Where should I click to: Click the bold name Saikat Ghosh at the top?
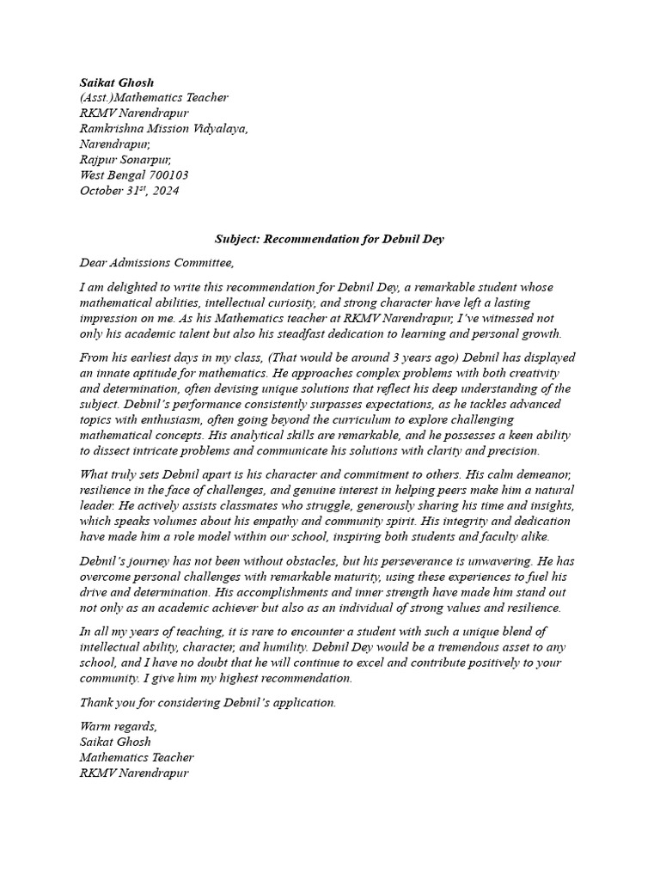(x=117, y=82)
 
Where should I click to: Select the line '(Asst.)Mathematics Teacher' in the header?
(x=154, y=98)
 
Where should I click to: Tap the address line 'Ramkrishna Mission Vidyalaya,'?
(x=164, y=129)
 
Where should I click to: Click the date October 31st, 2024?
(x=130, y=191)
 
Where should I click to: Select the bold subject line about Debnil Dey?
(x=330, y=238)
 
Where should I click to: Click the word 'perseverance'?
(x=415, y=561)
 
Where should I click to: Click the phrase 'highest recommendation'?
(x=284, y=678)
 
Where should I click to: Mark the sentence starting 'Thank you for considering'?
(x=208, y=702)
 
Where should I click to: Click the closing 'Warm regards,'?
(x=119, y=726)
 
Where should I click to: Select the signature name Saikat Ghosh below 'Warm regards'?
(x=115, y=742)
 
